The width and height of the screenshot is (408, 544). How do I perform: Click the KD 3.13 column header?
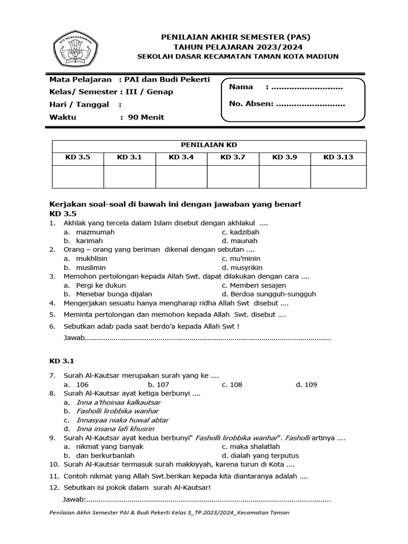pyautogui.click(x=338, y=157)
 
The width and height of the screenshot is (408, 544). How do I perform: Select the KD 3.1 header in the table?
pyautogui.click(x=130, y=157)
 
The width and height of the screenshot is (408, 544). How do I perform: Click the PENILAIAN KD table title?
pyautogui.click(x=209, y=145)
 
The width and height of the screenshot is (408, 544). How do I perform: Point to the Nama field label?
pyautogui.click(x=241, y=87)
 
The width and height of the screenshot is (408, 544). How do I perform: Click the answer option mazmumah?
pyautogui.click(x=95, y=232)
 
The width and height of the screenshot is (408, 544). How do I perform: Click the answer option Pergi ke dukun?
pyautogui.click(x=101, y=285)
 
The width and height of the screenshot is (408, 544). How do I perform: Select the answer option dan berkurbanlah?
pyautogui.click(x=105, y=455)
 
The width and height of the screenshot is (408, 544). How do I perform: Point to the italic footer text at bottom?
pyautogui.click(x=169, y=514)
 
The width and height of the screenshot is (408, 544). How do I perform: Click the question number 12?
pyautogui.click(x=54, y=488)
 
